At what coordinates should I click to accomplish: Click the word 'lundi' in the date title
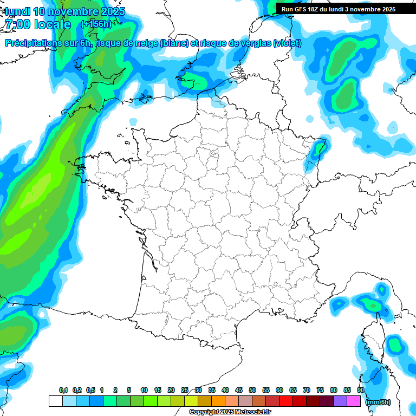pos(17,11)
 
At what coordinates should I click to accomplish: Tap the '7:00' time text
pos(19,24)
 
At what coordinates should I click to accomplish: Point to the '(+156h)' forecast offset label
pos(96,24)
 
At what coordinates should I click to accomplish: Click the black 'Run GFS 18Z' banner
pos(346,9)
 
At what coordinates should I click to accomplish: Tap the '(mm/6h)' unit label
pos(378,401)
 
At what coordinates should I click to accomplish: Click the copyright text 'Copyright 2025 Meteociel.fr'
pos(230,412)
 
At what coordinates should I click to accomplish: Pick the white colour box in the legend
pos(55,401)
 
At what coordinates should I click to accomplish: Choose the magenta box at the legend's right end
pos(354,401)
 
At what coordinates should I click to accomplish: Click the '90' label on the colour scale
pos(361,390)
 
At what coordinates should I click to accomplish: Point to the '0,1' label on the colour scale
pos(63,390)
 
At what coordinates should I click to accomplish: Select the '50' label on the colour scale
pos(252,390)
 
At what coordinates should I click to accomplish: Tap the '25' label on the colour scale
pos(185,390)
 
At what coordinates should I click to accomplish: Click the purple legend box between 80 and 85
pos(340,401)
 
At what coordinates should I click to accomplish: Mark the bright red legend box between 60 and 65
pos(286,401)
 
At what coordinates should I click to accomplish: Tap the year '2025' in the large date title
pos(110,11)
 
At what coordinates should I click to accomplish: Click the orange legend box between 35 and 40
pos(218,401)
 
